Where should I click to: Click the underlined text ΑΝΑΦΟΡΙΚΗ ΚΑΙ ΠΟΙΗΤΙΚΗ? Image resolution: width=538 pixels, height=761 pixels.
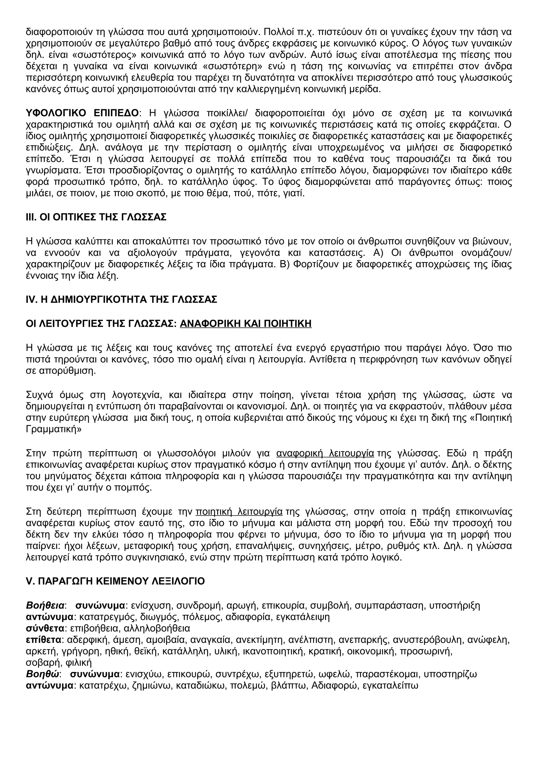245,323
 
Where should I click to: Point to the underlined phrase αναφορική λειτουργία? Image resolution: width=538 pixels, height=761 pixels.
325,453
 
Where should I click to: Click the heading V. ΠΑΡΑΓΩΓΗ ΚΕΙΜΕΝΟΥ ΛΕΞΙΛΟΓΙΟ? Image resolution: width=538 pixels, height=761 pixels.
115,581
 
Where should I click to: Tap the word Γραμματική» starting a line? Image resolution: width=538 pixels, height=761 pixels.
53,429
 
